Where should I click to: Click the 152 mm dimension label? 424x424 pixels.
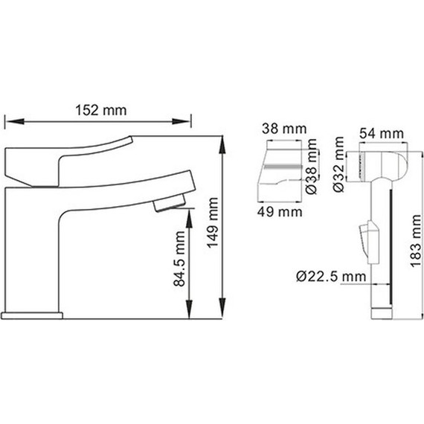pyautogui.click(x=101, y=110)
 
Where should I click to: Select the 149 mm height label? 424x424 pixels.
pyautogui.click(x=213, y=222)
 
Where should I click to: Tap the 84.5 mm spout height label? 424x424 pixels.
pyautogui.click(x=179, y=259)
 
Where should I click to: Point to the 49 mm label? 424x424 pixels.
pyautogui.click(x=280, y=212)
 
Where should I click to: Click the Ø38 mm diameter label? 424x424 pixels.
pyautogui.click(x=311, y=166)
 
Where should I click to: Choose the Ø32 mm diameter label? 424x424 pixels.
pyautogui.click(x=338, y=164)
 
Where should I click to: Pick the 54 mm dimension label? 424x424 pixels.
pyautogui.click(x=382, y=133)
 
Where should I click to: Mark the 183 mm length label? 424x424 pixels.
pyautogui.click(x=415, y=241)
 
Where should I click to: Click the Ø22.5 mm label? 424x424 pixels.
pyautogui.click(x=331, y=277)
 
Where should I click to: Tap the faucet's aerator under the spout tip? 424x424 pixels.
pyautogui.click(x=170, y=202)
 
